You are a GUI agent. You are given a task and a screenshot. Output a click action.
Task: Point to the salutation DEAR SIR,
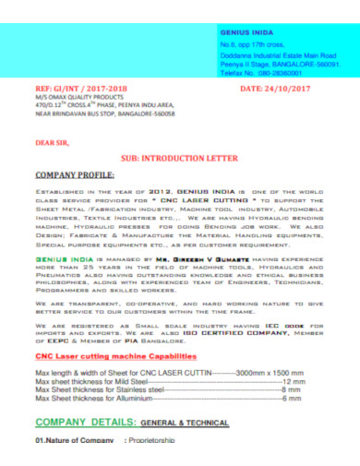[52, 142]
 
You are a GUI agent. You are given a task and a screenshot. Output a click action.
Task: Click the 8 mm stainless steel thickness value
[292, 388]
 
